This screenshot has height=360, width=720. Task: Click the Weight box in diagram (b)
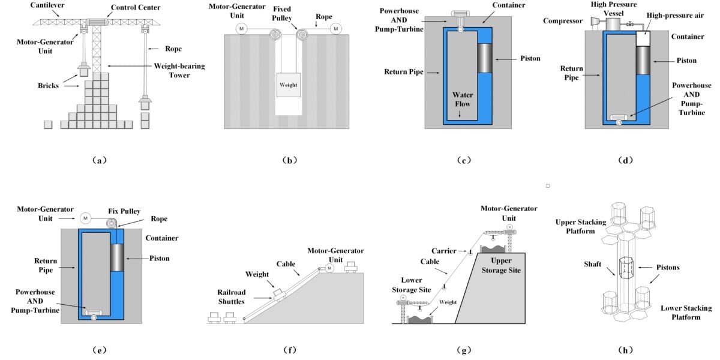(x=287, y=85)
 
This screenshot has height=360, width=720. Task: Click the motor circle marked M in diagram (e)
(x=85, y=218)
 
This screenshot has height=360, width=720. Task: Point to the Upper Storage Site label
(x=498, y=266)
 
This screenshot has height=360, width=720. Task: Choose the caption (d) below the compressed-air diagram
(x=626, y=160)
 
